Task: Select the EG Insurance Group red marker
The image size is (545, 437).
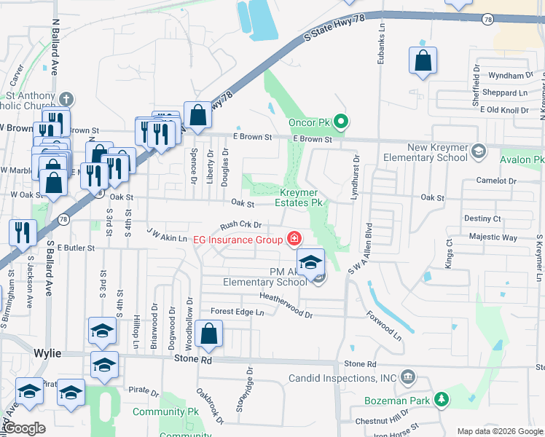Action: (294, 239)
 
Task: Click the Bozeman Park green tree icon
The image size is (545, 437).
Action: (440, 400)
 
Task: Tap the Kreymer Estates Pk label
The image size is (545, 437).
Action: (301, 197)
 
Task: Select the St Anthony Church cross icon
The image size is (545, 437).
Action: (66, 98)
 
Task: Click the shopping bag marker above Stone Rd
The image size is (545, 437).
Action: (208, 335)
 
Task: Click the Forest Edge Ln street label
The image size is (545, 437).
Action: (237, 312)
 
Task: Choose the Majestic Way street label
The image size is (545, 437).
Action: (493, 237)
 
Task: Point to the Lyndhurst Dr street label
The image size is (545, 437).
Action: (356, 177)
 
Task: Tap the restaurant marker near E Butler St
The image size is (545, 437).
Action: (23, 232)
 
